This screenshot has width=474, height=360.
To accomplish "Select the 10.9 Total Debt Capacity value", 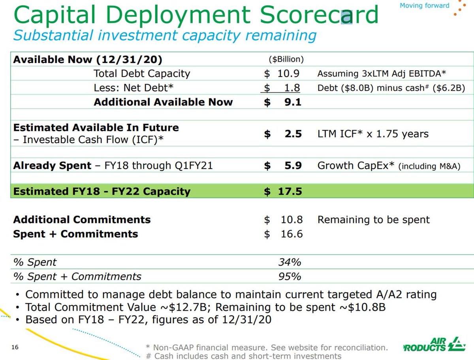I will [292, 73].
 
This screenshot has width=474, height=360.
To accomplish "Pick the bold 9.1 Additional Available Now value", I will [292, 102].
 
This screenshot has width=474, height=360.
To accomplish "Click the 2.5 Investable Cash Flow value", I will [293, 134].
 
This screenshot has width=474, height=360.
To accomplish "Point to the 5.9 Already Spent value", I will [293, 166].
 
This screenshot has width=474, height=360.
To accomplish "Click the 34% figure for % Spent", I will [290, 262].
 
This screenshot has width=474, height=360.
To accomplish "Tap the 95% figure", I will [290, 276].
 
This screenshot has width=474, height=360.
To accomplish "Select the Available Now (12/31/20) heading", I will [88, 60].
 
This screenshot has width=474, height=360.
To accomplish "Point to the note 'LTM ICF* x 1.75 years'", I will [373, 134].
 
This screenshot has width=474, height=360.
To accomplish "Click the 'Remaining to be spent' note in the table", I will [373, 220].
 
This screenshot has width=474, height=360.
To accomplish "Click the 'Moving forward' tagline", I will [424, 6].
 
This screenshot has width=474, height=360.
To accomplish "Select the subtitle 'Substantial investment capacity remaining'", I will [165, 36].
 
